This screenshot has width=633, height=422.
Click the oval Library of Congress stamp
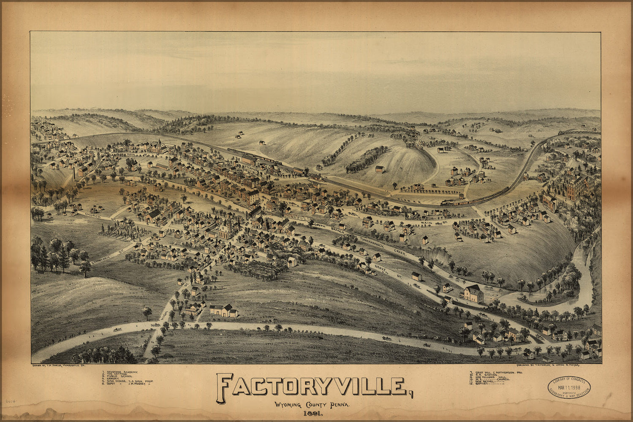click(x=569, y=387)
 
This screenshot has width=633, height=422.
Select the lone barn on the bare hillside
click(x=380, y=169)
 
